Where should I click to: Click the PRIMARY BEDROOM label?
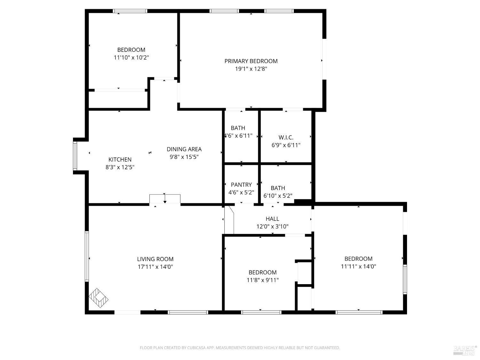[x=251, y=61]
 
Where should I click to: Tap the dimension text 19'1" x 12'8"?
[x=251, y=69]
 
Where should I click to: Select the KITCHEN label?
[x=120, y=159]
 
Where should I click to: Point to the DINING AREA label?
[x=184, y=149]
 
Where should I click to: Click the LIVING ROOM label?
[x=155, y=259]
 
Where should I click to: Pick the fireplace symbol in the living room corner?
[x=98, y=298]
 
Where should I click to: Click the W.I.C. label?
[x=286, y=137]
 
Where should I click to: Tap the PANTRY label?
[x=241, y=185]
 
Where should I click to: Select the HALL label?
[x=272, y=219]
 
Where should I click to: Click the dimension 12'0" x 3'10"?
[x=272, y=227]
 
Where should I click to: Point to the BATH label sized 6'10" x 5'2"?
[x=278, y=188]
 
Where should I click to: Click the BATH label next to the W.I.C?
[x=238, y=128]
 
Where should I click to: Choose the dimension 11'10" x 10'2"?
[x=131, y=58]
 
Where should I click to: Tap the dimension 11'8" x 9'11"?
[x=262, y=280]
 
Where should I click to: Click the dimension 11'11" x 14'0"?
[x=358, y=267]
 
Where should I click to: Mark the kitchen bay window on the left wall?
[x=75, y=156]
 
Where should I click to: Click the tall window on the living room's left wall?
[x=87, y=256]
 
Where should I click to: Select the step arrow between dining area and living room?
[x=165, y=198]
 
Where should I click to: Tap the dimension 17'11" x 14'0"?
[x=155, y=267]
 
